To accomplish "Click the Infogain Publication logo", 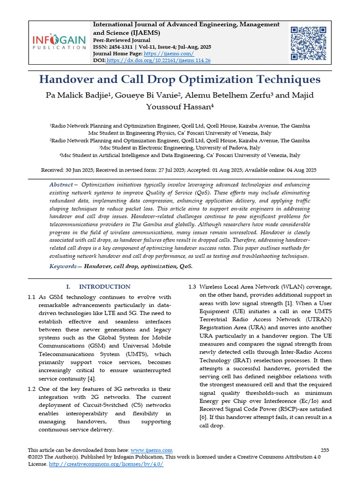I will click(60, 43).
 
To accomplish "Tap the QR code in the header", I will click(308, 44).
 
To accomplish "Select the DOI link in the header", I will click(158, 60).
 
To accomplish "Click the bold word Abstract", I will click(61, 185).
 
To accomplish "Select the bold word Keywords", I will click(63, 266).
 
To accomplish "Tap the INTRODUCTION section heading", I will click(105, 286).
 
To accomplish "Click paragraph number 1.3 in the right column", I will click(192, 286).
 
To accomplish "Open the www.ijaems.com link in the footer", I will click(151, 450).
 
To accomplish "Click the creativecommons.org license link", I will click(105, 464).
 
